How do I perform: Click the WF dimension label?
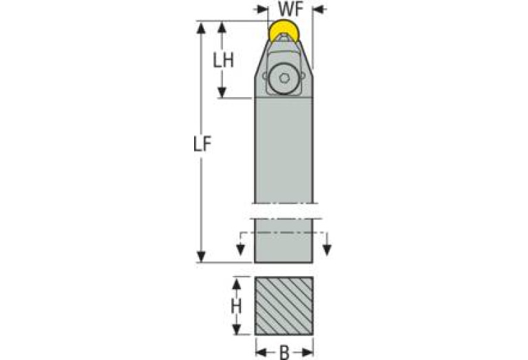(291, 10)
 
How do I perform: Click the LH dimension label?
(223, 60)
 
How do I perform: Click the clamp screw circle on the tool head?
(284, 78)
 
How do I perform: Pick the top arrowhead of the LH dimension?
(222, 26)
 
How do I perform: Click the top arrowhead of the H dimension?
(236, 282)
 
